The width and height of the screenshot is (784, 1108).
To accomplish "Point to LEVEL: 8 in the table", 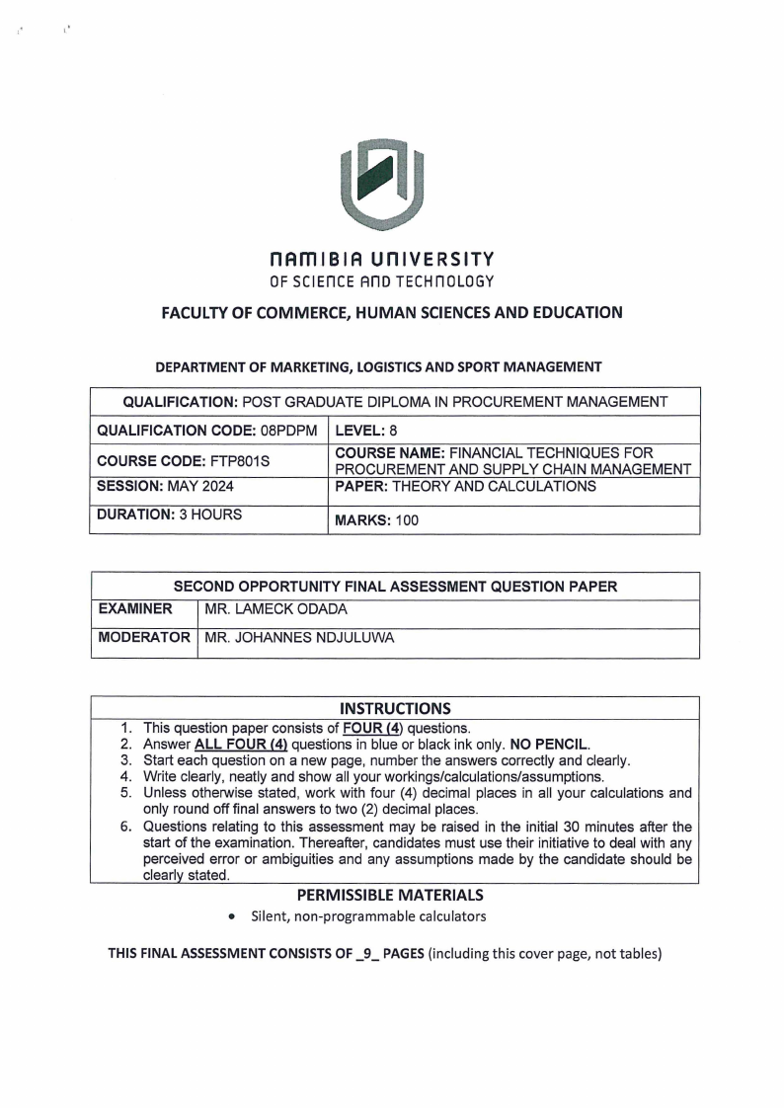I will pyautogui.click(x=366, y=431).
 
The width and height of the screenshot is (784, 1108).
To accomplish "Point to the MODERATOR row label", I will pyautogui.click(x=143, y=638).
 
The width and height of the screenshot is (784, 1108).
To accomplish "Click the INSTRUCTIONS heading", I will pyautogui.click(x=394, y=708).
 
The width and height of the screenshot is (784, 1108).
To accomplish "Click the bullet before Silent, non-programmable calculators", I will pyautogui.click(x=230, y=917).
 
